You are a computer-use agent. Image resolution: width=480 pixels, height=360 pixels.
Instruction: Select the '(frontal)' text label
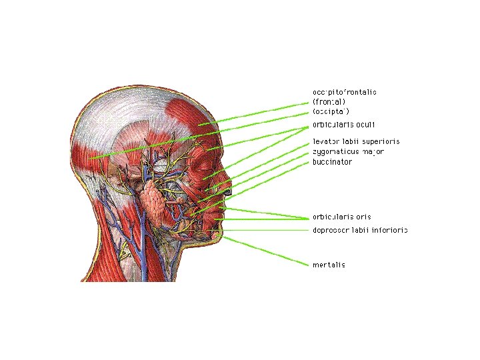coord(329,101)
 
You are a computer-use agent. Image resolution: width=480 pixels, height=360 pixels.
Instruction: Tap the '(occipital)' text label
coord(331,111)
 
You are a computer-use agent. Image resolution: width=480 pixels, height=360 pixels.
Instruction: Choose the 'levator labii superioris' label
coord(356,142)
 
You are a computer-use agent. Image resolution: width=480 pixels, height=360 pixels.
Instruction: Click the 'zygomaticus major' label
coord(348,152)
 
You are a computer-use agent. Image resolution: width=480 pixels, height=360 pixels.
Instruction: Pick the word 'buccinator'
coord(332,162)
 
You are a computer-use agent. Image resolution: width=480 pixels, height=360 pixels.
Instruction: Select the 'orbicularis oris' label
coord(342,217)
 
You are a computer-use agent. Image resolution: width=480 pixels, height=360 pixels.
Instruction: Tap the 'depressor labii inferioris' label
coord(360,230)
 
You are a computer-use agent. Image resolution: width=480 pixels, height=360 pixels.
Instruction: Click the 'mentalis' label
coord(329,265)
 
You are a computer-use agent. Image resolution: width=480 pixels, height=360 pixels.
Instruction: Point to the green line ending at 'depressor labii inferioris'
coord(267,230)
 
